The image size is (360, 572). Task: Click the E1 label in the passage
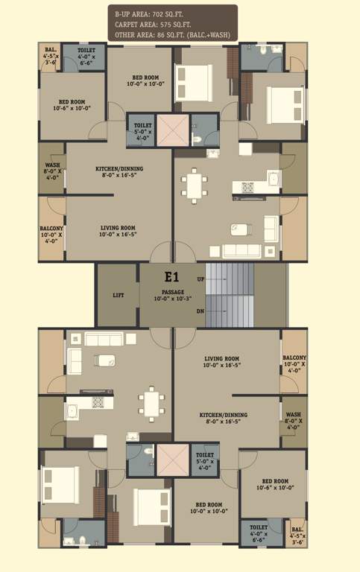[172, 278]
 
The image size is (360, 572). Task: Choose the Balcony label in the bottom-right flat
[294, 358]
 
